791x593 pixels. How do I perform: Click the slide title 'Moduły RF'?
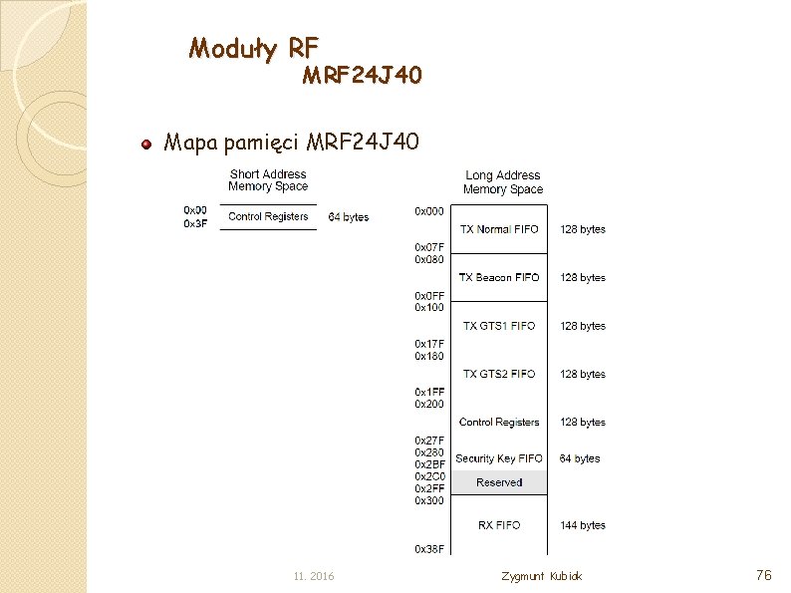pos(254,47)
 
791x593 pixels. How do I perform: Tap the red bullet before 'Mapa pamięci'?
pos(145,144)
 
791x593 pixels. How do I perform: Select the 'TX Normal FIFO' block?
pos(498,229)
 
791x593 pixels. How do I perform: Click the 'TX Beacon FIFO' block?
pos(498,277)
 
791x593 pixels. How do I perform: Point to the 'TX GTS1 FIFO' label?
pos(498,326)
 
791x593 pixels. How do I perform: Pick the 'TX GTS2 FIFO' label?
pos(498,374)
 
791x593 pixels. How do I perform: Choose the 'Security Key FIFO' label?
pos(498,458)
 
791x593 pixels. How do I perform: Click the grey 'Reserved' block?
pos(498,482)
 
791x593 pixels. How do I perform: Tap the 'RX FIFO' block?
pos(498,525)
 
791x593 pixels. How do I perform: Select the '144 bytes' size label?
pos(582,525)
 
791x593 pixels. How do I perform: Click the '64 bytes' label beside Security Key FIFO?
pos(580,458)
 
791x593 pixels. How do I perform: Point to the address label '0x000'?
pos(429,211)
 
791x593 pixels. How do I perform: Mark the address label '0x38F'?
pos(429,548)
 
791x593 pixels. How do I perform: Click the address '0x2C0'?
pos(429,476)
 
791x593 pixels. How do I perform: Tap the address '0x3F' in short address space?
pos(195,223)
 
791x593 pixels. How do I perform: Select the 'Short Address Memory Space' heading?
pos(268,180)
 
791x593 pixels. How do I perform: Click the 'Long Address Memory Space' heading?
pos(503,182)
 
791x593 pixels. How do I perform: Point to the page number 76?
pos(764,575)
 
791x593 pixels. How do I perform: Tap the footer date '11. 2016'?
pos(314,577)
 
